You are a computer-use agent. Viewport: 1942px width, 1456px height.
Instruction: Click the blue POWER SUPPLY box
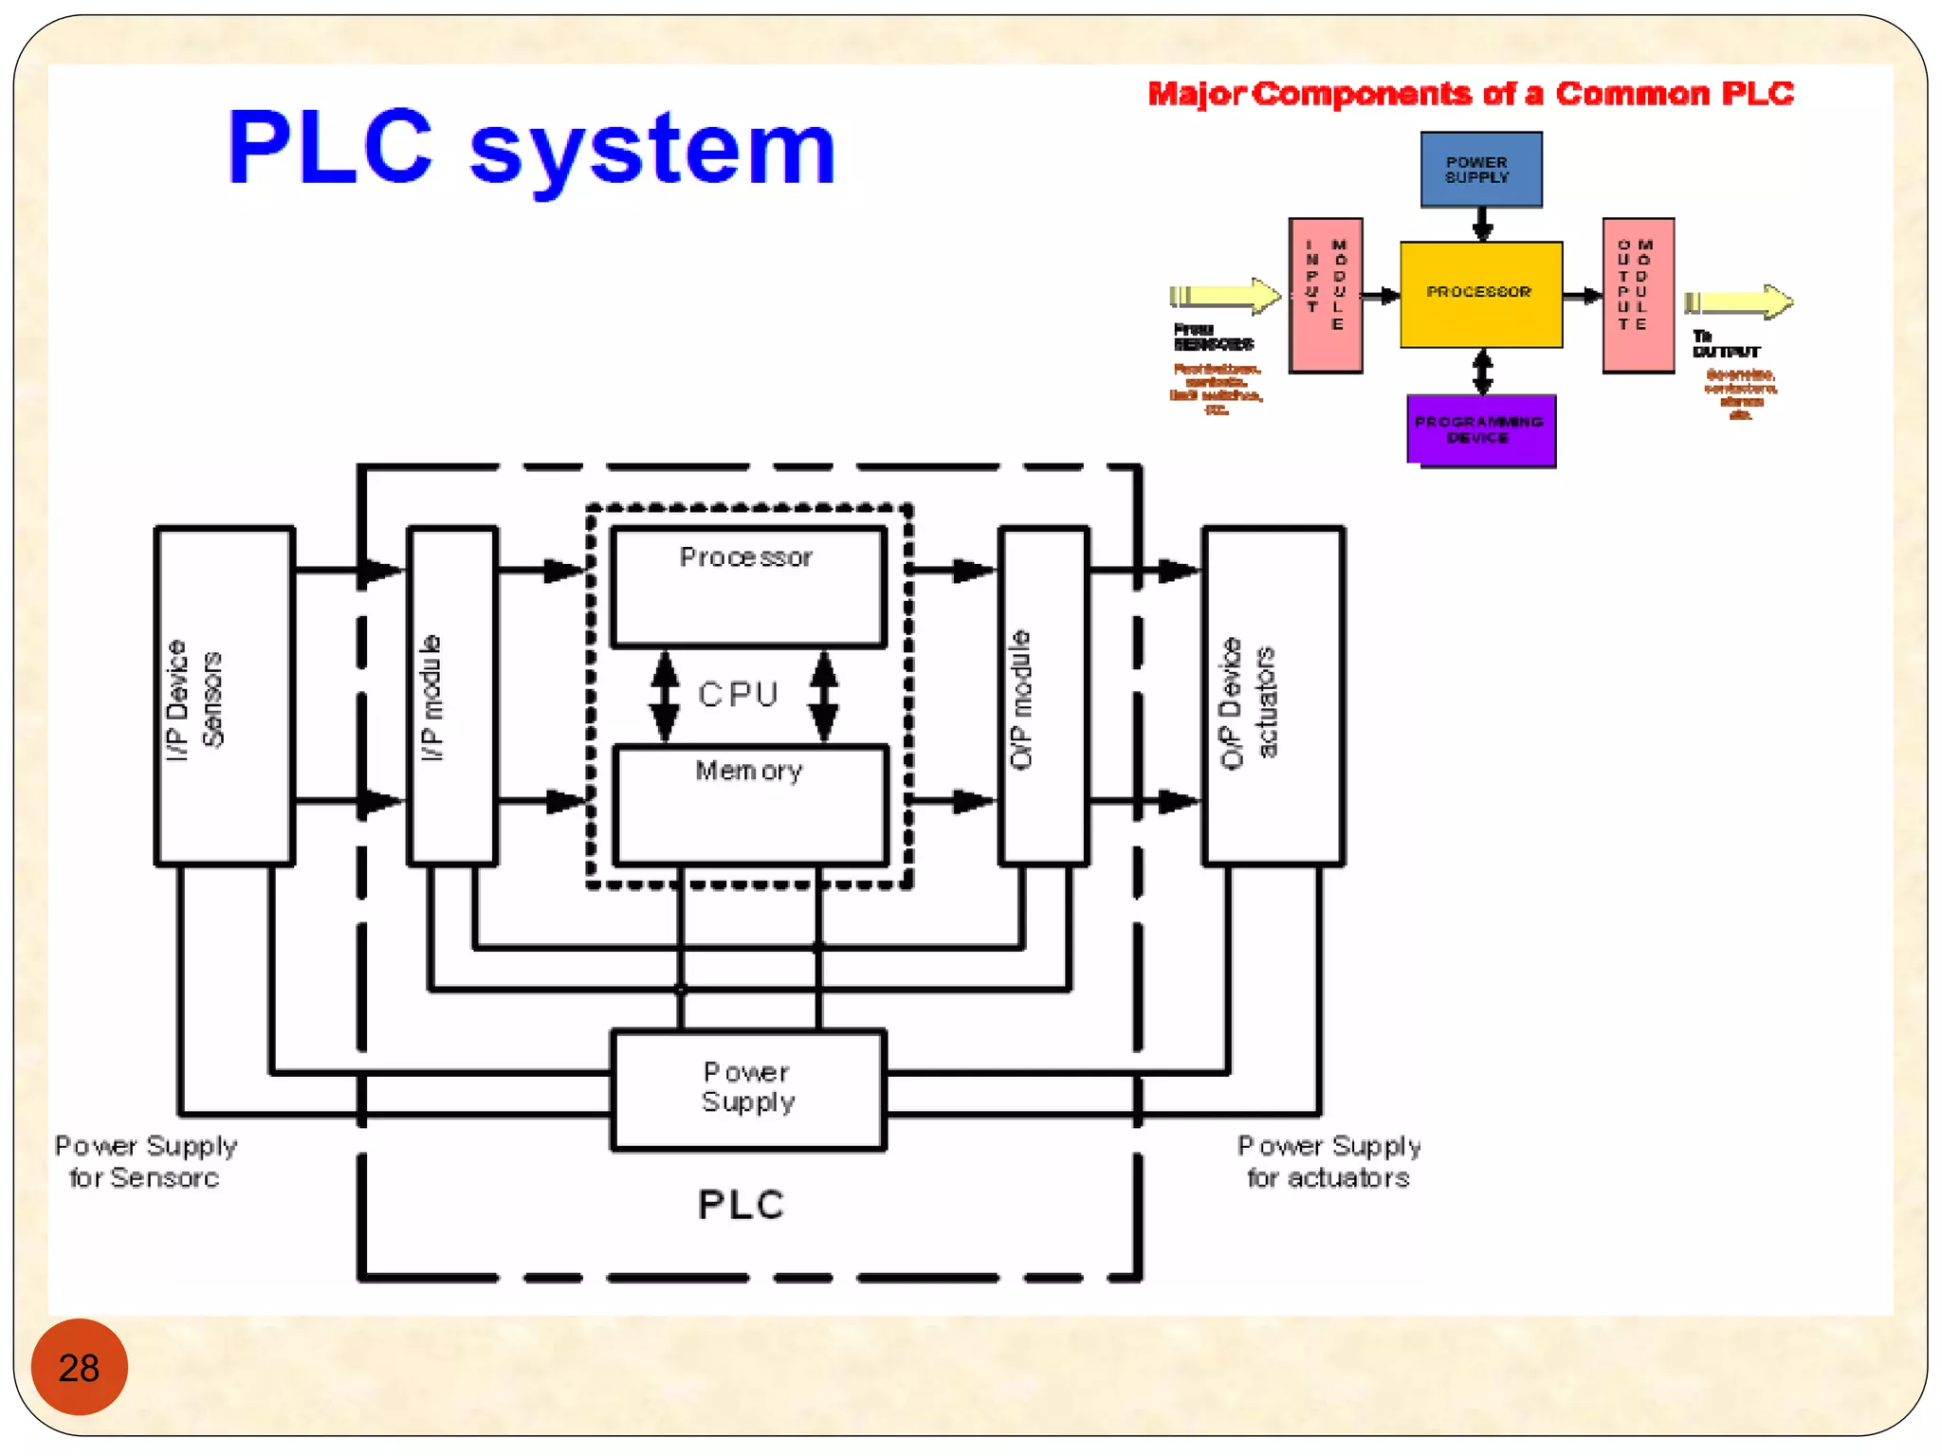(x=1480, y=170)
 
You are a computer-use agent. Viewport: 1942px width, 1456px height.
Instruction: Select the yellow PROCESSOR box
(x=1480, y=294)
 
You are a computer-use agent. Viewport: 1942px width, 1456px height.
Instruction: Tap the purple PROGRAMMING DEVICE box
(x=1480, y=430)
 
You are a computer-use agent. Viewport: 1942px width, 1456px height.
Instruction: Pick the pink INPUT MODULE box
(x=1326, y=295)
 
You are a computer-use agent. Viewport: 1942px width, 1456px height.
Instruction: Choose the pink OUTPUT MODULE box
(x=1638, y=295)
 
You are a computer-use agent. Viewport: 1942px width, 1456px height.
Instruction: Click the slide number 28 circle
(x=79, y=1366)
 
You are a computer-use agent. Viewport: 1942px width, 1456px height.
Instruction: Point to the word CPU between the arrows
(x=738, y=695)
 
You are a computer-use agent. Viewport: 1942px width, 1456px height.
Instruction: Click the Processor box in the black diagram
(x=748, y=587)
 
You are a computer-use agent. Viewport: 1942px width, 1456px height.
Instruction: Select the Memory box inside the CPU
(x=750, y=805)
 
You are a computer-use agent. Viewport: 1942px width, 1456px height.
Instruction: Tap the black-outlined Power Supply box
(x=748, y=1089)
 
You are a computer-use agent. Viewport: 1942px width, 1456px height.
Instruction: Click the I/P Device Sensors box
(x=224, y=696)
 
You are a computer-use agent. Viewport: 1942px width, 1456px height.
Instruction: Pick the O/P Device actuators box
(x=1273, y=696)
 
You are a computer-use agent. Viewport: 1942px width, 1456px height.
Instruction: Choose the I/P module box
(x=452, y=696)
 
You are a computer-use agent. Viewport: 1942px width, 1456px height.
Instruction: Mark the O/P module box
(x=1043, y=696)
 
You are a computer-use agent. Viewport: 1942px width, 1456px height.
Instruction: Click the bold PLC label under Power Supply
(x=741, y=1205)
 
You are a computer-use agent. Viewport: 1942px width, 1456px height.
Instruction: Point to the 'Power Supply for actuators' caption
(x=1328, y=1161)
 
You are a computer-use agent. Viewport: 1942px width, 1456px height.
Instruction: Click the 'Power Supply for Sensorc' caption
(x=145, y=1161)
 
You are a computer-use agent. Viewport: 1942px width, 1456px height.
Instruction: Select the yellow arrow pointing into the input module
(x=1224, y=296)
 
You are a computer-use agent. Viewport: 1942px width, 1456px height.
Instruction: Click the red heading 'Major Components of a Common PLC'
(x=1470, y=94)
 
